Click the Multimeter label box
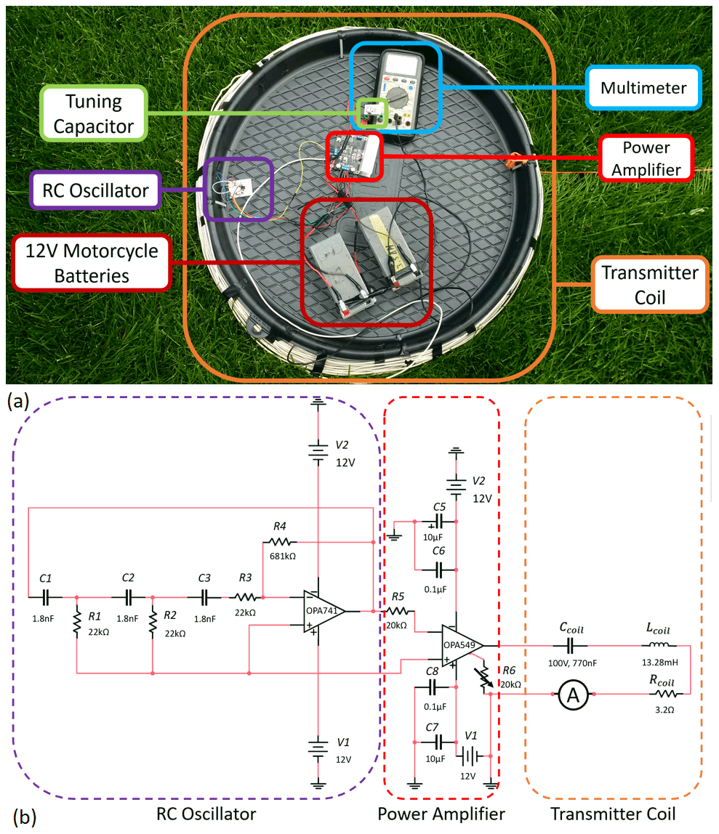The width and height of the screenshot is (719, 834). (643, 88)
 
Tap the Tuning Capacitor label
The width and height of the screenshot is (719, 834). (94, 114)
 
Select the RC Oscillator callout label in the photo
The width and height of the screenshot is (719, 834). (95, 191)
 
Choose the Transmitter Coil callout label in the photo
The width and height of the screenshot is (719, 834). (650, 284)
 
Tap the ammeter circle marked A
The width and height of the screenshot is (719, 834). (573, 695)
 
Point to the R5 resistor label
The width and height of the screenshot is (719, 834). (398, 596)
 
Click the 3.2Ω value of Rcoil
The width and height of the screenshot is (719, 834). (662, 710)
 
